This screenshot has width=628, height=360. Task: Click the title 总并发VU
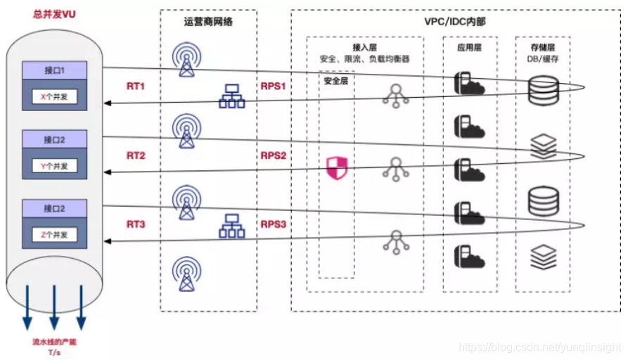pyautogui.click(x=54, y=14)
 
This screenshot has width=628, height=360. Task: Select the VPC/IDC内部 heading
pyautogui.click(x=454, y=22)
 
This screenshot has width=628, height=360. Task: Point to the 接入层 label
pyautogui.click(x=364, y=47)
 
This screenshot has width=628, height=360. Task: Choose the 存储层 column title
pyautogui.click(x=543, y=47)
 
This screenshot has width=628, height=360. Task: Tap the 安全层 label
pyautogui.click(x=336, y=81)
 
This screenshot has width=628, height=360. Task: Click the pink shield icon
pyautogui.click(x=337, y=168)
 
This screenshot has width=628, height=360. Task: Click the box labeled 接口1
pyautogui.click(x=54, y=70)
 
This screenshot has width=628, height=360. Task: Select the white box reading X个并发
pyautogui.click(x=54, y=97)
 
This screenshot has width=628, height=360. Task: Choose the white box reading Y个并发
pyautogui.click(x=54, y=166)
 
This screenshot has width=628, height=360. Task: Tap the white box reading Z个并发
pyautogui.click(x=54, y=235)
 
